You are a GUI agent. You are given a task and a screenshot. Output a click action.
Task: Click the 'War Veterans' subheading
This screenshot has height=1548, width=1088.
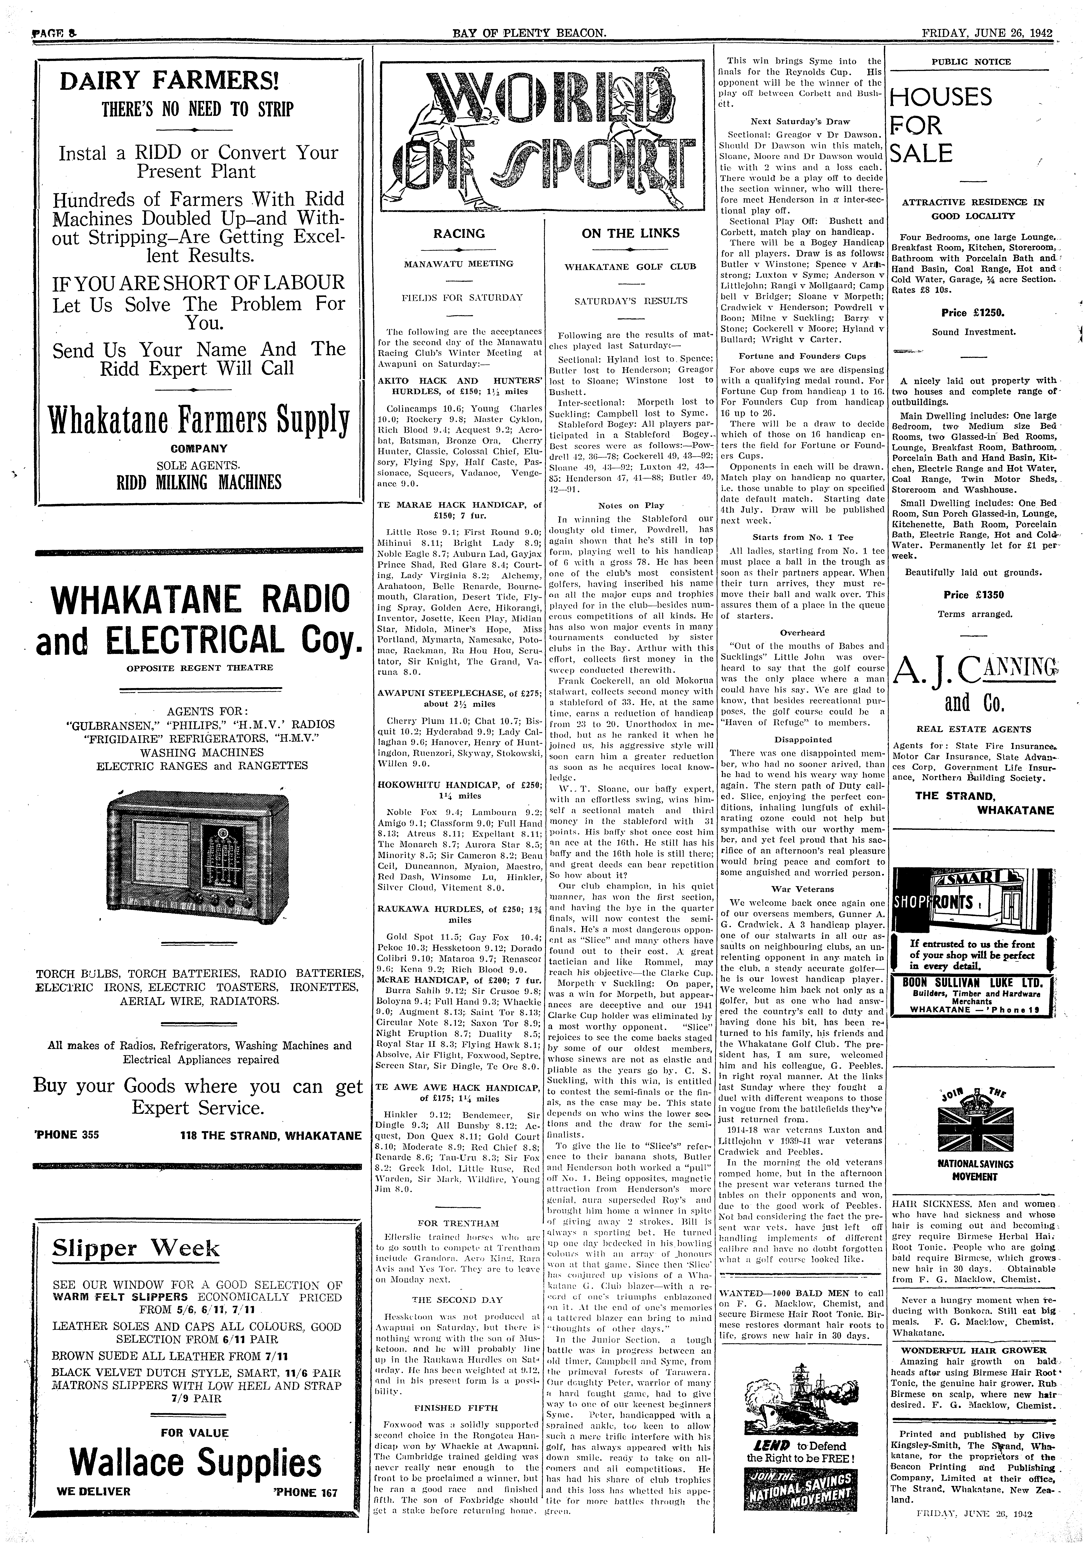801,889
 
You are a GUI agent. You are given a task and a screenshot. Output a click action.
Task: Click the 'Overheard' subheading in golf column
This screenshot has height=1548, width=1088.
801,632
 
